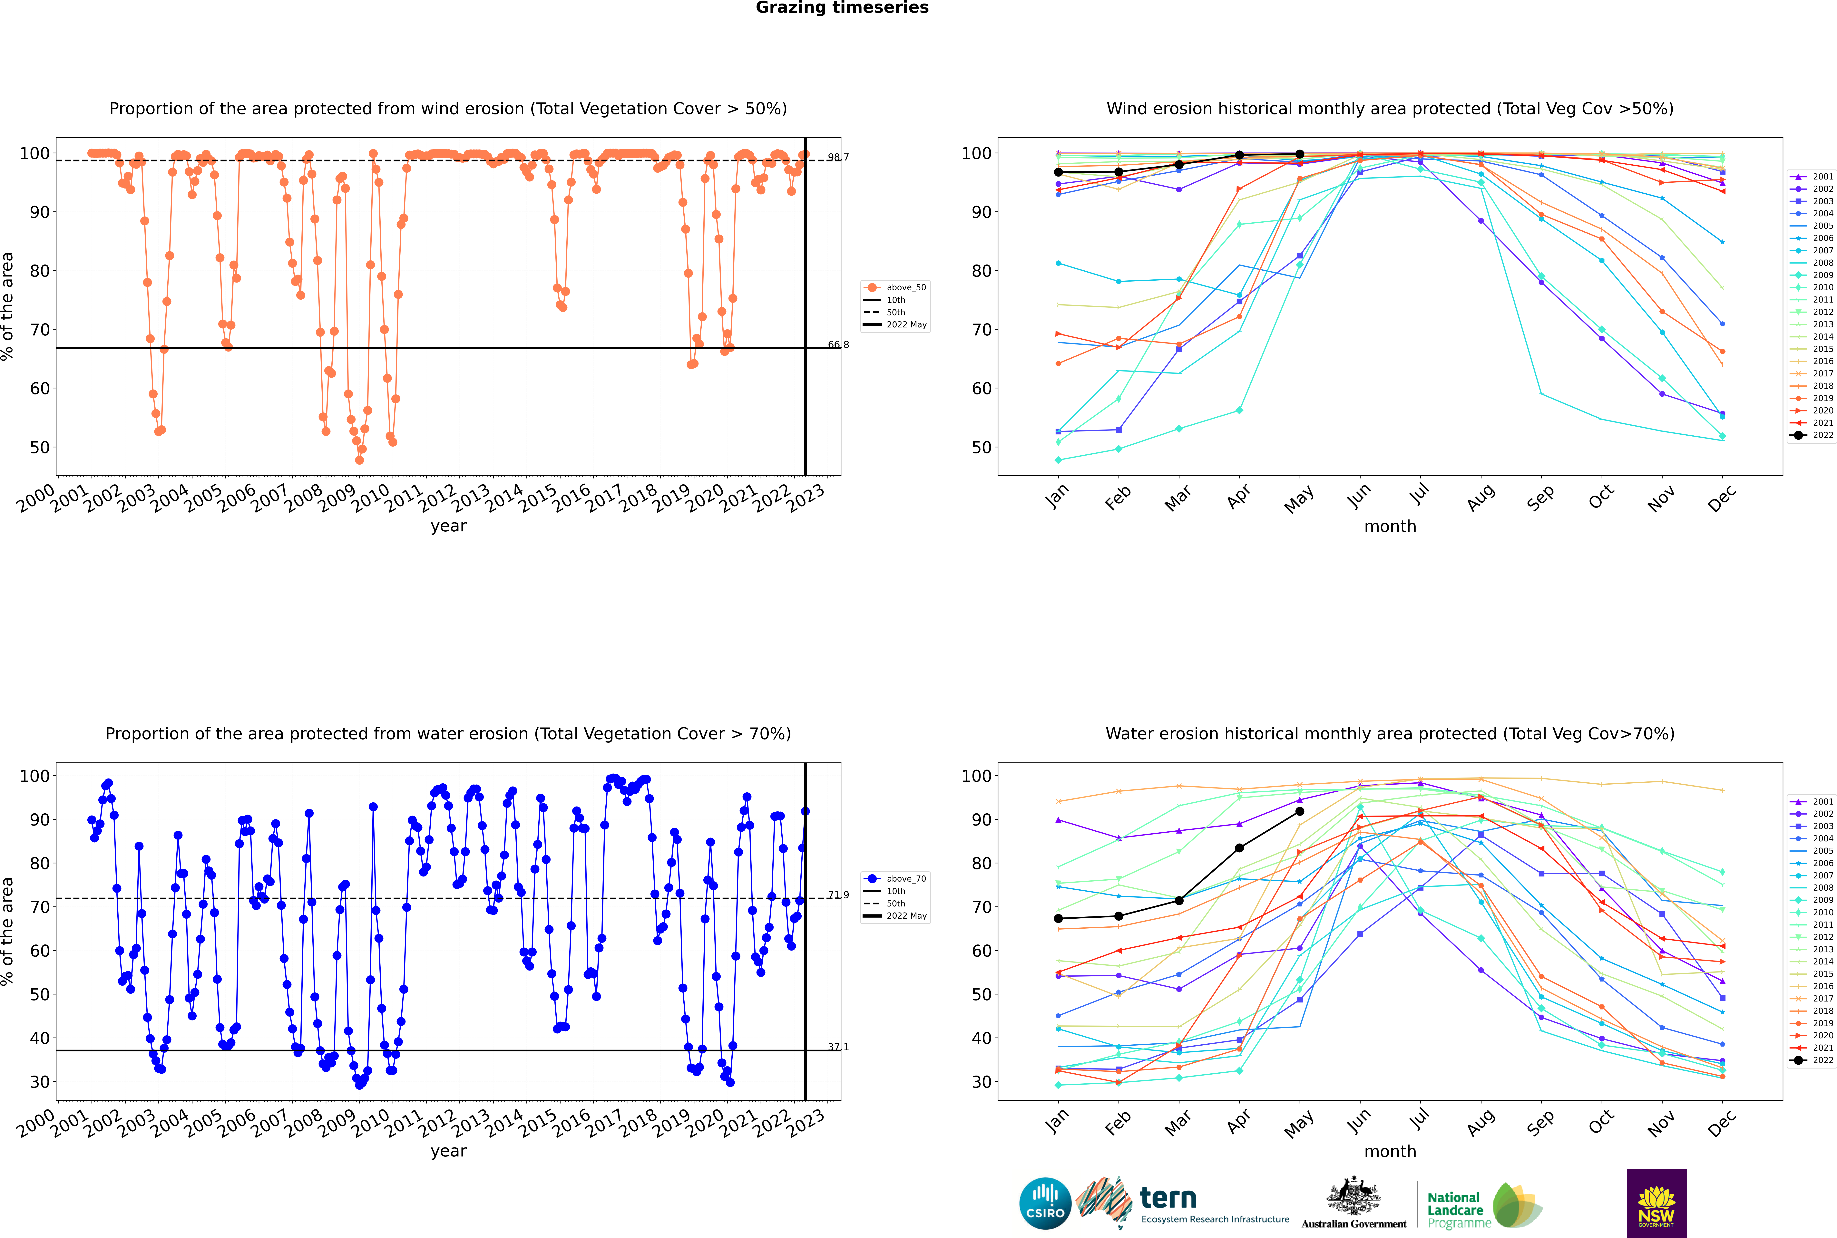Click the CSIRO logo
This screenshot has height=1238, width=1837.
[1045, 1203]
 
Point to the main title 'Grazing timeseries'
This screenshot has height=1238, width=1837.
[842, 8]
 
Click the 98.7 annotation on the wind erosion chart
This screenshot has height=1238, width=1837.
[838, 157]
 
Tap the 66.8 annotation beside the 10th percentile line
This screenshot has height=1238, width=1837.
[838, 344]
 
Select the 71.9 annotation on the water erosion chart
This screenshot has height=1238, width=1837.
[838, 895]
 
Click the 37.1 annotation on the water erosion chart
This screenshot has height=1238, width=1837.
[838, 1047]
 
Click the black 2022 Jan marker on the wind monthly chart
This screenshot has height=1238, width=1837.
[1058, 172]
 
